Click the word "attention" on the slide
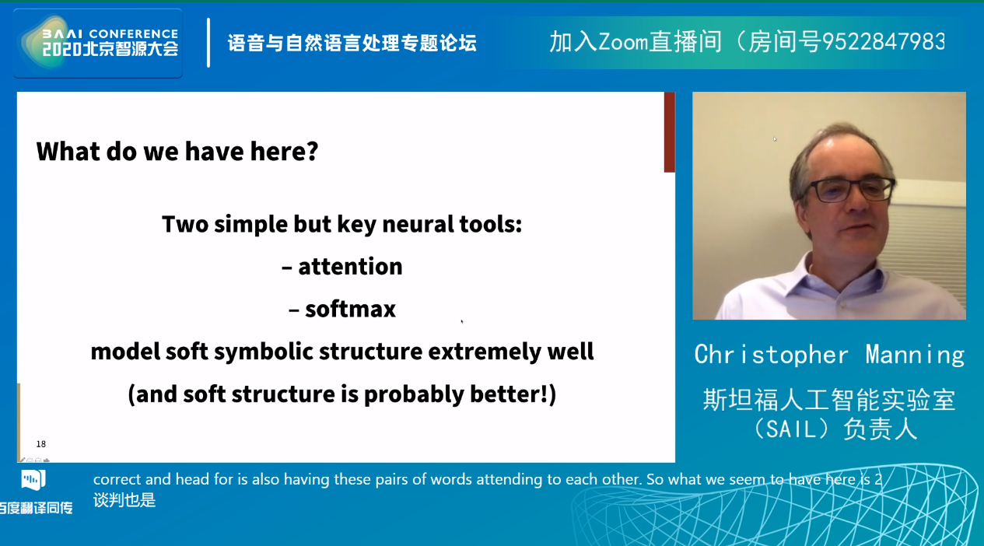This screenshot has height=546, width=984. [x=350, y=266]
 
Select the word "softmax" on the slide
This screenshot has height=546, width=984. [x=350, y=309]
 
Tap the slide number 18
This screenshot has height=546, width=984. [x=41, y=444]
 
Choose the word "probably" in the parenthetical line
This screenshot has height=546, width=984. [x=414, y=394]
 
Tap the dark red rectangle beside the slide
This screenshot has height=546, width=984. [x=670, y=131]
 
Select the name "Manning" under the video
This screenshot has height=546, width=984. [x=915, y=355]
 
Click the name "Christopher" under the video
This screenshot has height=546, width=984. [x=771, y=355]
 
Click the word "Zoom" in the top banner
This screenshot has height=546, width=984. [x=623, y=42]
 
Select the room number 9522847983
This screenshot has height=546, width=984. [x=884, y=42]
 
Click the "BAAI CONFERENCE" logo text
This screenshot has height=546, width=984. [x=110, y=33]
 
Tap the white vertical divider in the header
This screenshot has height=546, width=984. [x=208, y=43]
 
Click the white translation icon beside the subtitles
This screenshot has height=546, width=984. [x=33, y=480]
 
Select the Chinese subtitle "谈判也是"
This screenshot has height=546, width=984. [x=124, y=500]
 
